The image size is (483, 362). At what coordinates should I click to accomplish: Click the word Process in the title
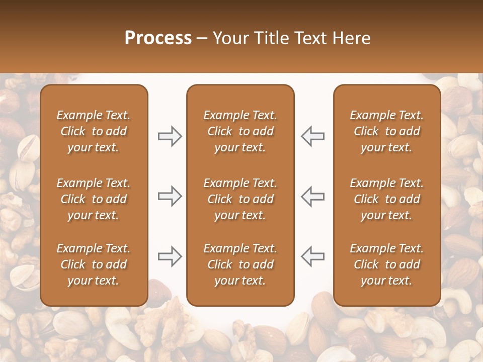point(158,38)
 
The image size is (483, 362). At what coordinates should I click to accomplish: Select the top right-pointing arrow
point(170,136)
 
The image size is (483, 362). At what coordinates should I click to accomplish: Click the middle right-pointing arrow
point(170,196)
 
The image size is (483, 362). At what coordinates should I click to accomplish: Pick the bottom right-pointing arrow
point(170,256)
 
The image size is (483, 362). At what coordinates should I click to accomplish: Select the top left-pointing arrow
point(312,136)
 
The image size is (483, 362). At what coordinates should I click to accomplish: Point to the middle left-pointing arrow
point(312,196)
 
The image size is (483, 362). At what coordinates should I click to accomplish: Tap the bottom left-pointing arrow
point(312,256)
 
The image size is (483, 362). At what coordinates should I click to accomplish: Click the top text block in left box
point(94,131)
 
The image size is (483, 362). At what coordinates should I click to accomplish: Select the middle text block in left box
point(94,199)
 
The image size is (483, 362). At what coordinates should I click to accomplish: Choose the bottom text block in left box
point(94,264)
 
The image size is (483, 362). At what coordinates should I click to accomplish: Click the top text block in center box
point(240,131)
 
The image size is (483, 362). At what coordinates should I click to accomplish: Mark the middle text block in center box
point(240,199)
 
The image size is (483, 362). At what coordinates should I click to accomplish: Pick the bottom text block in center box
point(240,264)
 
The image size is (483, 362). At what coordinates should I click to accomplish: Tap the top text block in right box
point(386,131)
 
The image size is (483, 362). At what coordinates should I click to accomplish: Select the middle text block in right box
point(386,199)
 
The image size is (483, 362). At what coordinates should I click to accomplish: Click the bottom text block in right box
point(386,264)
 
